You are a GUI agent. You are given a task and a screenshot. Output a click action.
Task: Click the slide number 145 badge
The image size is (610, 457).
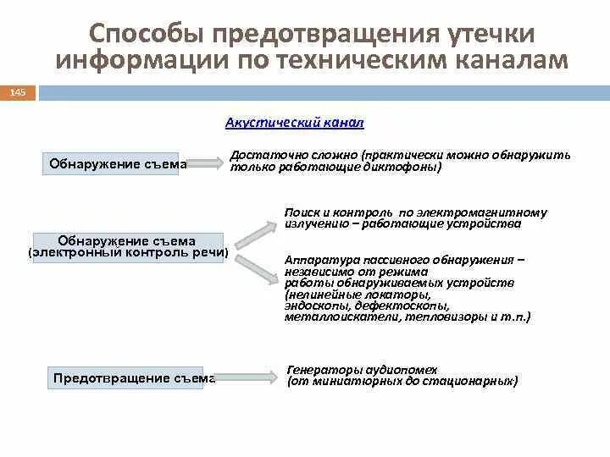pyautogui.click(x=18, y=91)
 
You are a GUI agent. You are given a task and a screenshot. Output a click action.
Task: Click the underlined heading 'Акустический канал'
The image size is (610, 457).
pyautogui.click(x=294, y=123)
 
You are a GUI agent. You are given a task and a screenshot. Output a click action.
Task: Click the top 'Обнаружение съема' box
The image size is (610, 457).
pyautogui.click(x=117, y=163)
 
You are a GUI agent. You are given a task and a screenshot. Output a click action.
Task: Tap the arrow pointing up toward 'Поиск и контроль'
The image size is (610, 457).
pyautogui.click(x=254, y=231)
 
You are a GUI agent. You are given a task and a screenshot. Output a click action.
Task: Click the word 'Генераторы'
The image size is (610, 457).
pyautogui.click(x=321, y=370)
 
